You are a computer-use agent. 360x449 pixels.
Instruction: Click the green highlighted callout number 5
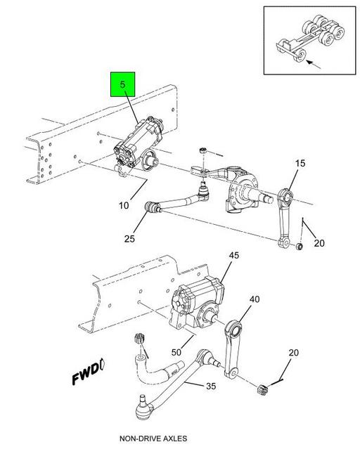[122, 84]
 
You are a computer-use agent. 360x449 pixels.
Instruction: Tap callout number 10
[124, 205]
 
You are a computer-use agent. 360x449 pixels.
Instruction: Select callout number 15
[300, 163]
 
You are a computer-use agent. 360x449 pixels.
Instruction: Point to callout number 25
[129, 238]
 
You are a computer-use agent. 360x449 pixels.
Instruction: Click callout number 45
[233, 255]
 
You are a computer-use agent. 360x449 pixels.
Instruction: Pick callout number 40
[255, 299]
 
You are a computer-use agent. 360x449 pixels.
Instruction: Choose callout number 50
[176, 352]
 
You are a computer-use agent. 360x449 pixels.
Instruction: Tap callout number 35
[211, 386]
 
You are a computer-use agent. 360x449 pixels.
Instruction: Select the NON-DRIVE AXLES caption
[153, 438]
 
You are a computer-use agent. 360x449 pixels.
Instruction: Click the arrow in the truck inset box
[314, 64]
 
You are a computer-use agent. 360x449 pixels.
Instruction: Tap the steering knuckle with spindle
[243, 191]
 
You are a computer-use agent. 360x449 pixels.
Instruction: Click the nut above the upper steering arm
[203, 150]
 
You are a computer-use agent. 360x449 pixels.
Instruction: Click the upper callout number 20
[319, 243]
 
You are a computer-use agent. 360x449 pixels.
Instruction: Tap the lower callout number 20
[293, 353]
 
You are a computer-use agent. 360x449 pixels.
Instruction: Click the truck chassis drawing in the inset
[310, 38]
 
